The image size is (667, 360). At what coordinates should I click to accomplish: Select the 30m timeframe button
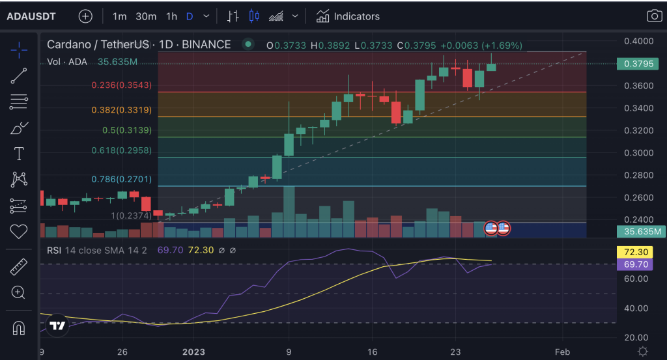coord(146,16)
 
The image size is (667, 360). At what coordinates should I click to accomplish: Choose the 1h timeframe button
coord(171,16)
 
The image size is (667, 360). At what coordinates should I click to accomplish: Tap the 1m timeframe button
coord(119,16)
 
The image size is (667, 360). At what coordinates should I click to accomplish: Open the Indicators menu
coord(348,16)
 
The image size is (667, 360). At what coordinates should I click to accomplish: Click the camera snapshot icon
coord(653,16)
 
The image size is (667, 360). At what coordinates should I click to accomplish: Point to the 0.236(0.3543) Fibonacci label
coord(121,85)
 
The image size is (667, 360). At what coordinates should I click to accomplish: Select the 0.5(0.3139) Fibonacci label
coord(127,130)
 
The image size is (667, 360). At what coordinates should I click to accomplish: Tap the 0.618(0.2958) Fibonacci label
coord(121,150)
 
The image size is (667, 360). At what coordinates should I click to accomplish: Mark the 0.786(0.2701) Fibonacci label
coord(121,178)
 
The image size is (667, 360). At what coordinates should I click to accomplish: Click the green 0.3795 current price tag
coord(639,64)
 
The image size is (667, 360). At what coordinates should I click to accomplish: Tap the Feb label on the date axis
coord(563,352)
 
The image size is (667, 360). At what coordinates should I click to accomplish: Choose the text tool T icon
coord(19,154)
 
